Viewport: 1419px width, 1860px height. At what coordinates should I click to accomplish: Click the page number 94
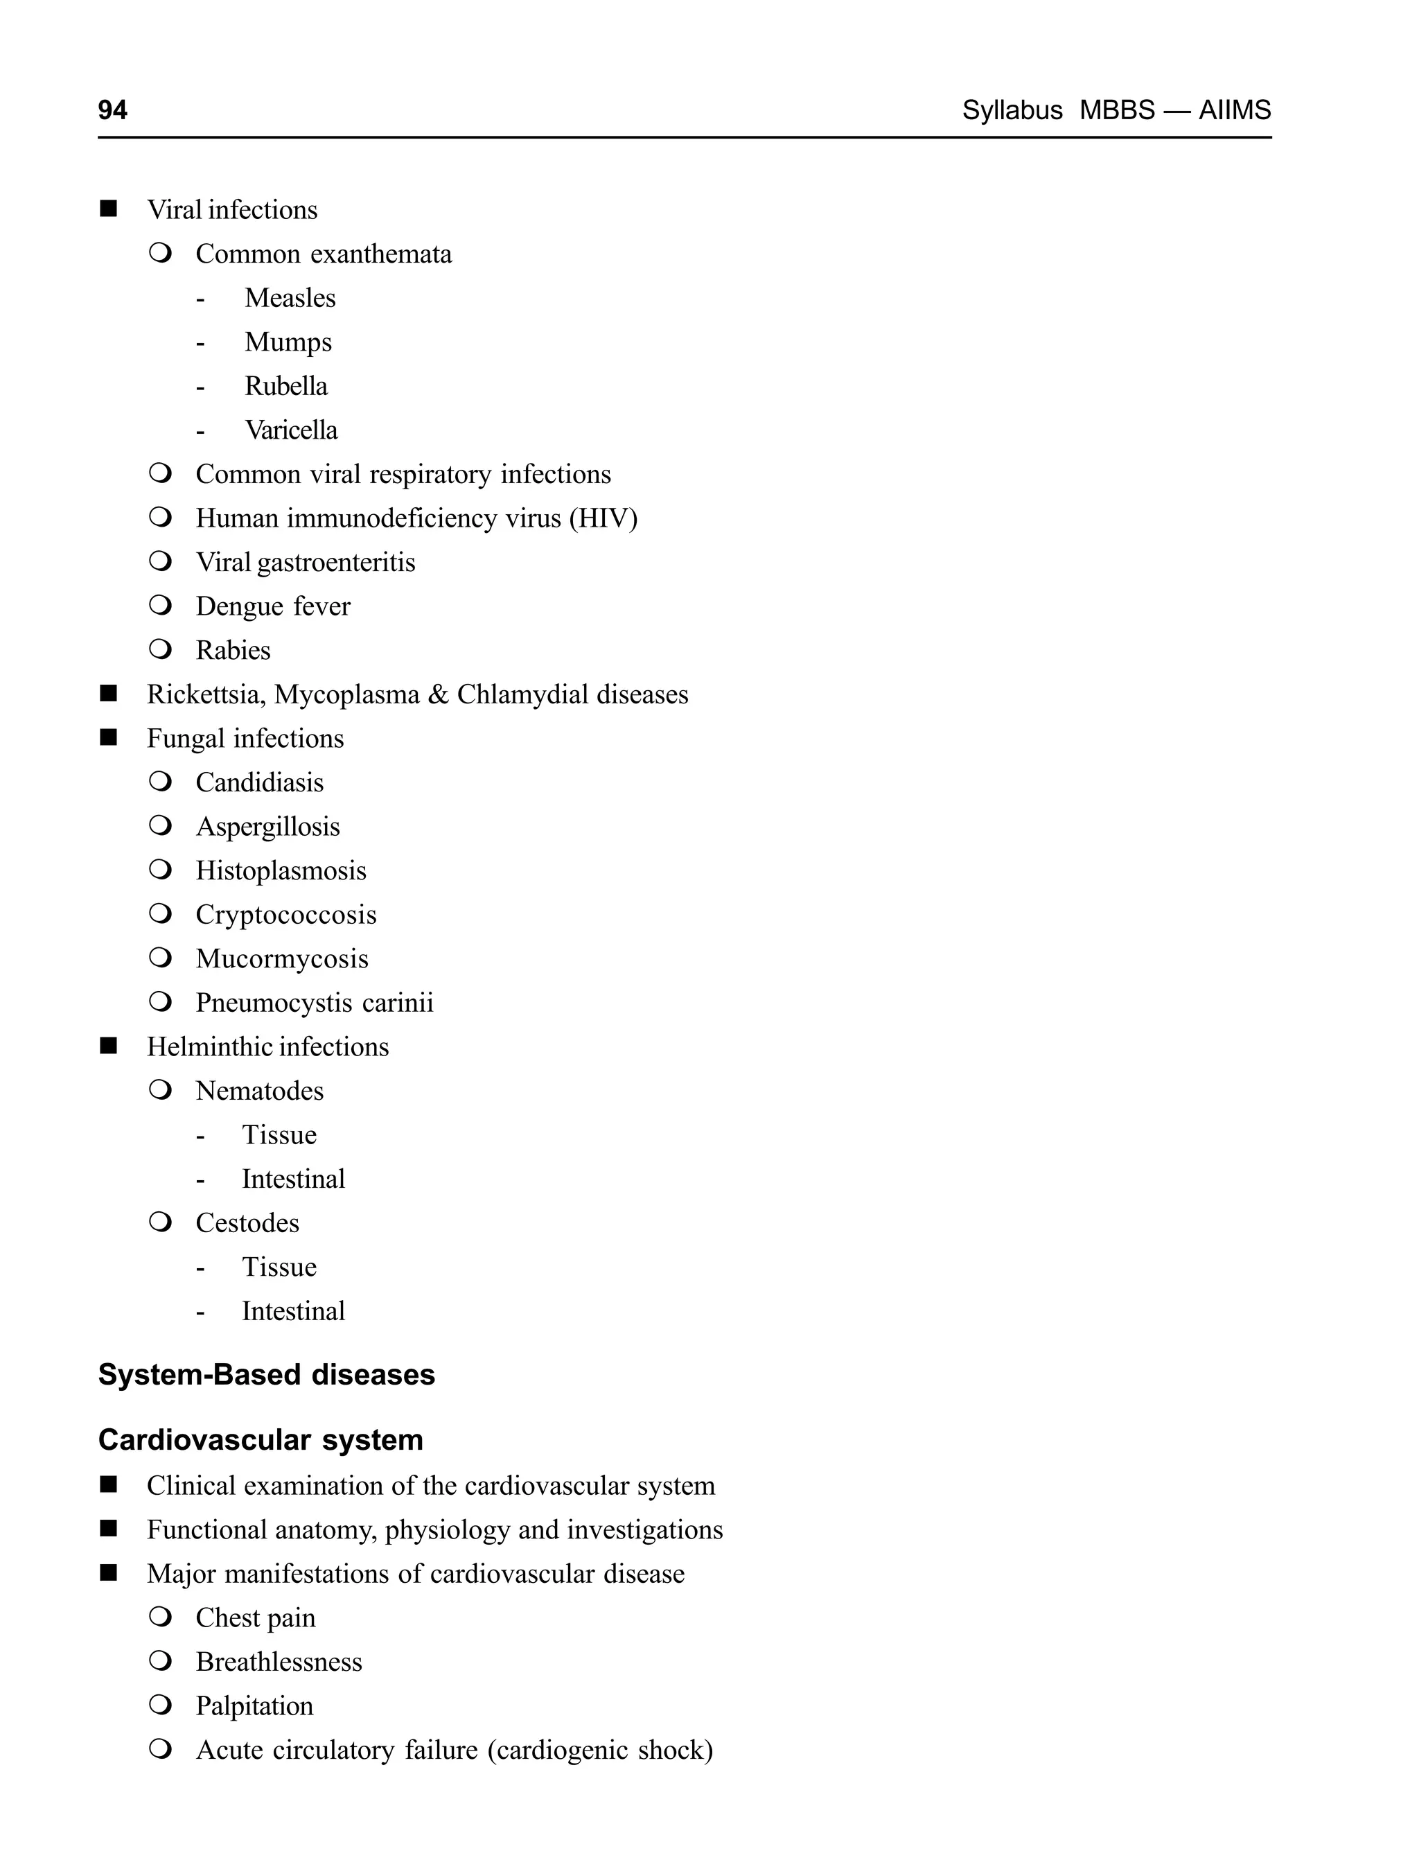point(112,109)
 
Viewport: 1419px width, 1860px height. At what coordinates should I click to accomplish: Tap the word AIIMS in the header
point(1234,109)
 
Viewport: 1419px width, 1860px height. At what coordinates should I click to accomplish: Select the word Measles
point(290,298)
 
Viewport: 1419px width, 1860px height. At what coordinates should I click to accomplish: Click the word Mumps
point(288,342)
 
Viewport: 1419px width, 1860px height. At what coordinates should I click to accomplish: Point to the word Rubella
point(285,386)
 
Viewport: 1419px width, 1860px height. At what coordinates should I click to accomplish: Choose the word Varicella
point(290,430)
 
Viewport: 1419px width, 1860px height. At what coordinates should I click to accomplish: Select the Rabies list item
point(233,651)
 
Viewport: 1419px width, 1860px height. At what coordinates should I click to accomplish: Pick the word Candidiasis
point(259,782)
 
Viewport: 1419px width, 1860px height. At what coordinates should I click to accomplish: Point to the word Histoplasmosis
point(281,871)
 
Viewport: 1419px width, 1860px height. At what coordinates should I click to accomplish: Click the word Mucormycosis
point(282,958)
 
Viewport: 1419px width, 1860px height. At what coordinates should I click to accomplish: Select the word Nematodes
point(259,1091)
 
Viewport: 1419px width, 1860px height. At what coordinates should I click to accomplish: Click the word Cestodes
point(247,1223)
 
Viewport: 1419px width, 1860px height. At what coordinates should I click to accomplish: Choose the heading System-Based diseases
point(266,1374)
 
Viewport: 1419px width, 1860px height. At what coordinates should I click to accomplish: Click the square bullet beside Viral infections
point(108,209)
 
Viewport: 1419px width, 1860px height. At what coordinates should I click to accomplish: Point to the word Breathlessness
point(279,1662)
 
